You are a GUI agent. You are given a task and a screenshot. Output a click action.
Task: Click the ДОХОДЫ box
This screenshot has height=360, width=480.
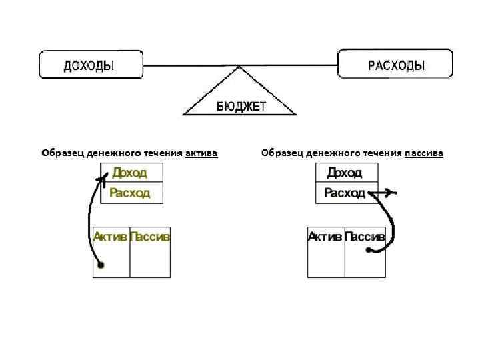91,65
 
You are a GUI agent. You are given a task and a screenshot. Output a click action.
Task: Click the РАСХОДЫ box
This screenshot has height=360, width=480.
396,65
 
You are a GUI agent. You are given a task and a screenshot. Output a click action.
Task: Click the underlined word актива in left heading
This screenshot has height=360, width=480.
201,153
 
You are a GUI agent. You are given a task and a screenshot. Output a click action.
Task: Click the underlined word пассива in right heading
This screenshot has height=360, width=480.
423,153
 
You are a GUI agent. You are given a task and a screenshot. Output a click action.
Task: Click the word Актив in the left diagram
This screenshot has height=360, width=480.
111,236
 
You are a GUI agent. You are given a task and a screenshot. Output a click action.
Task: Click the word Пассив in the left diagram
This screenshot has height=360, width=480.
150,236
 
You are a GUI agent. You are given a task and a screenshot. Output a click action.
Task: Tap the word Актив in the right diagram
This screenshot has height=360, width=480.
325,236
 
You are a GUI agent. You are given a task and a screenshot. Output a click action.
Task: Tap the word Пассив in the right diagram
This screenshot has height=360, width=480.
365,236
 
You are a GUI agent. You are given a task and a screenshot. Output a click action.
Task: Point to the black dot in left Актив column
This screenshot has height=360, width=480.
101,265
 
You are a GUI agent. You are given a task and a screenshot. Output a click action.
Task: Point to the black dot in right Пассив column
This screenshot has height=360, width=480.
368,250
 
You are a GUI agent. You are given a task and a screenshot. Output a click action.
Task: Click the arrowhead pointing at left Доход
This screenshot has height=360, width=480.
103,178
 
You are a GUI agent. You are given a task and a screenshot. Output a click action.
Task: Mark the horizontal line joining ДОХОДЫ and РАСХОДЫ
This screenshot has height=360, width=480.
240,65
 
